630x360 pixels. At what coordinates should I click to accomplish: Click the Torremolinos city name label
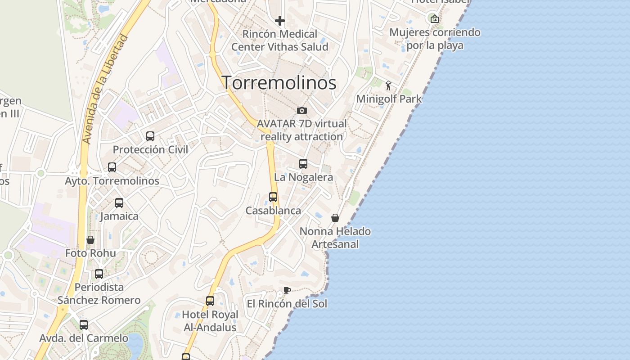tap(279, 83)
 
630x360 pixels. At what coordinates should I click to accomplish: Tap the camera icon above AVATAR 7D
tap(301, 110)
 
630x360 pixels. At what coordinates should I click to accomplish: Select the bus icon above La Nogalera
tap(303, 164)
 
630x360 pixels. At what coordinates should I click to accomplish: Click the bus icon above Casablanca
tap(273, 197)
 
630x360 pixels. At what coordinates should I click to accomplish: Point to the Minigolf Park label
tap(389, 99)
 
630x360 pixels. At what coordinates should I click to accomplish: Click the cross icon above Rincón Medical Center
tap(280, 21)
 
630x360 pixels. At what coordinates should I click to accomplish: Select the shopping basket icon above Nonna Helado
tap(335, 218)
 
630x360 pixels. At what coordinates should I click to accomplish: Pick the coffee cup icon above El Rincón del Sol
tap(287, 290)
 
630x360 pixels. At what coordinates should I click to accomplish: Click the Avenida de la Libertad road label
tap(104, 90)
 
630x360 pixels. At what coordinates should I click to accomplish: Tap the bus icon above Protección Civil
tap(150, 136)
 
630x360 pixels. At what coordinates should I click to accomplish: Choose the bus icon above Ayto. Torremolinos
tap(112, 167)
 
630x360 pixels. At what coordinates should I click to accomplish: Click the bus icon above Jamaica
tap(119, 203)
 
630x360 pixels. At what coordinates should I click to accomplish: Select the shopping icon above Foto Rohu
tap(90, 240)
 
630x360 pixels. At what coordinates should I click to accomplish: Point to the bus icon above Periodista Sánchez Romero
tap(99, 274)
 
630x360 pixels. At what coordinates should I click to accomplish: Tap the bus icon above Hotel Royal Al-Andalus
tap(210, 301)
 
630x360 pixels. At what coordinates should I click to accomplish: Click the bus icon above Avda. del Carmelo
tap(84, 325)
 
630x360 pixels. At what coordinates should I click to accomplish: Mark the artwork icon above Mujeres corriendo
tap(434, 19)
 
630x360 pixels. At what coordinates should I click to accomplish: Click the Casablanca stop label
tap(273, 211)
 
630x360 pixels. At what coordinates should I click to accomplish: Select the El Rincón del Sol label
tap(287, 304)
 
